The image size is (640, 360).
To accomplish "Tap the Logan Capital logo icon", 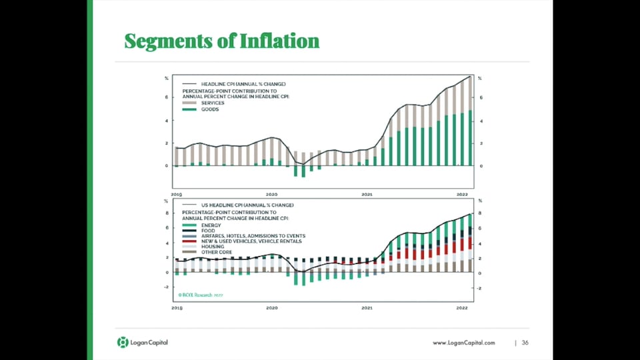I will (122, 343).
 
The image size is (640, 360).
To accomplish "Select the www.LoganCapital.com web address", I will (464, 343).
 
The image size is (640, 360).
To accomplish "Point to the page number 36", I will (525, 343).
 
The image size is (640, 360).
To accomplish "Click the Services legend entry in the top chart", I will (212, 103).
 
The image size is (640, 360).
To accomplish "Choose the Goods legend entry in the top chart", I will (210, 109).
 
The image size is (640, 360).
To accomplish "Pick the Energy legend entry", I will (211, 225).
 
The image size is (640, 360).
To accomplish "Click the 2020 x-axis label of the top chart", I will (272, 194).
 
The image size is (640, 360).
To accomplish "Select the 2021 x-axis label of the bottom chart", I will (367, 309).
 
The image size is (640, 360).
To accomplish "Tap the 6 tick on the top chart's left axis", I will (167, 97).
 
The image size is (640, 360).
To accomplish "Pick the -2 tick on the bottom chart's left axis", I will (167, 288).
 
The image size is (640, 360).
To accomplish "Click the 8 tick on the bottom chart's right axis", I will (479, 213).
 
